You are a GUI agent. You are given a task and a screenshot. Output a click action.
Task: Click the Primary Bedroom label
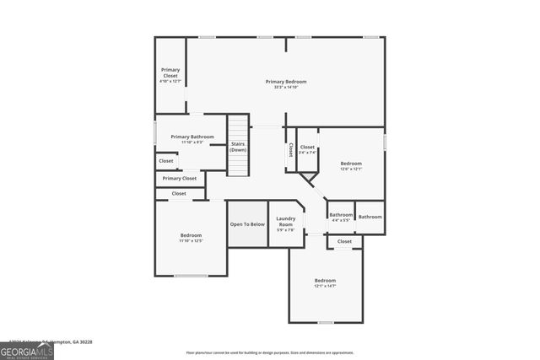pyautogui.click(x=286, y=81)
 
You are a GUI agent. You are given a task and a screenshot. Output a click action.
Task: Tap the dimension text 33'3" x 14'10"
pyautogui.click(x=286, y=87)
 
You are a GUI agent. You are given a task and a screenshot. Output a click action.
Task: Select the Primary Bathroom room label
pyautogui.click(x=192, y=137)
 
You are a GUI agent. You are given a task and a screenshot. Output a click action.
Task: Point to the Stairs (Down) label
pyautogui.click(x=238, y=147)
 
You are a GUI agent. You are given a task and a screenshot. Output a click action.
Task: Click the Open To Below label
pyautogui.click(x=247, y=224)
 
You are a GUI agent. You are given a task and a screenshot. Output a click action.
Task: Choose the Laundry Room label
pyautogui.click(x=286, y=222)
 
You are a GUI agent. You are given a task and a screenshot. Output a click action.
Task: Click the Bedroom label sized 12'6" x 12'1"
pyautogui.click(x=351, y=163)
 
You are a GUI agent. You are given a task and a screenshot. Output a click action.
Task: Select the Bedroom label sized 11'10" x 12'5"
pyautogui.click(x=191, y=235)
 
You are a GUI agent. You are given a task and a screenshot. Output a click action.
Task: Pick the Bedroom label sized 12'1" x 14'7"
pyautogui.click(x=325, y=280)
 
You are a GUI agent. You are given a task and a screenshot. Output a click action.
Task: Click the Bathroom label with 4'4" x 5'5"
pyautogui.click(x=341, y=215)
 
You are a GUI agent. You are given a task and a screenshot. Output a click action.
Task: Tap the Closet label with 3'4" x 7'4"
pyautogui.click(x=307, y=147)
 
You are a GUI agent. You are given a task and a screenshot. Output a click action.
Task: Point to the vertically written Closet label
pyautogui.click(x=291, y=149)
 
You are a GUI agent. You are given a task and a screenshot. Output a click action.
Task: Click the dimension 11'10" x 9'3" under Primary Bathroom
pyautogui.click(x=192, y=142)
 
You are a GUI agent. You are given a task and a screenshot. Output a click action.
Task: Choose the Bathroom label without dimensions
pyautogui.click(x=370, y=217)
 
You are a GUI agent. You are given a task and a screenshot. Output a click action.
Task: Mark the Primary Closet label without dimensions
pyautogui.click(x=180, y=179)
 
